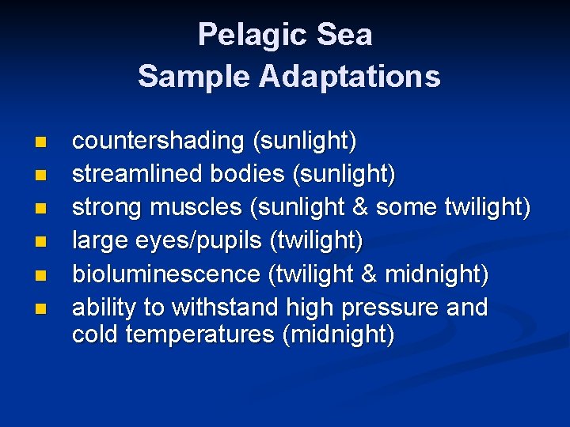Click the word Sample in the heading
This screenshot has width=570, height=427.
pyautogui.click(x=184, y=77)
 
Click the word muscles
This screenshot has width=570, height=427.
pyautogui.click(x=197, y=207)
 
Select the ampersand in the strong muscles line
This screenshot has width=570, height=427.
pyautogui.click(x=360, y=207)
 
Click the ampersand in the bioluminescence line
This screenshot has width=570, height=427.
pyautogui.click(x=370, y=274)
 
